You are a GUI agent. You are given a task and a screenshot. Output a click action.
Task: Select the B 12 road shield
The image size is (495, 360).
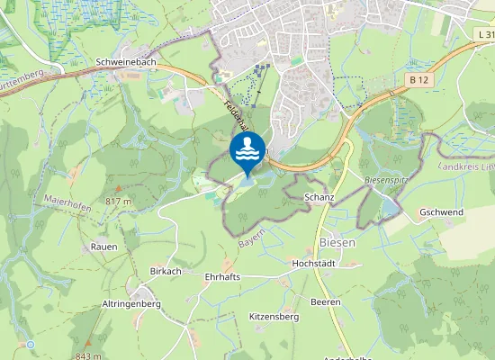tap(417, 80)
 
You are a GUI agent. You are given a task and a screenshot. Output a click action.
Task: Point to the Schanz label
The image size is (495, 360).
tap(319, 196)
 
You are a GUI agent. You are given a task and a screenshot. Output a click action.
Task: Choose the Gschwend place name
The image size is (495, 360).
tap(440, 212)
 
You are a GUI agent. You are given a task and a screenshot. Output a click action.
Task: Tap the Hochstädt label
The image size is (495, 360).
tap(313, 263)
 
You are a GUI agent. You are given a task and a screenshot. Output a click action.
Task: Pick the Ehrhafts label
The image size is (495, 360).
tap(222, 276)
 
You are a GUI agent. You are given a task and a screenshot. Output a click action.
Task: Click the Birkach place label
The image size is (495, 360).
tap(165, 270)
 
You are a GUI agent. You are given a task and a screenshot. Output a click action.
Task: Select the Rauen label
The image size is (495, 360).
tap(103, 246)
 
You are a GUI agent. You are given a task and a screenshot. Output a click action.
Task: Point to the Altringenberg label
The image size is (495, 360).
tap(131, 304)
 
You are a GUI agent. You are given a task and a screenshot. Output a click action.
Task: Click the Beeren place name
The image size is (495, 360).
tap(326, 301)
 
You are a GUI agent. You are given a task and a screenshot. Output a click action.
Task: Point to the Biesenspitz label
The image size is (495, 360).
tap(388, 180)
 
